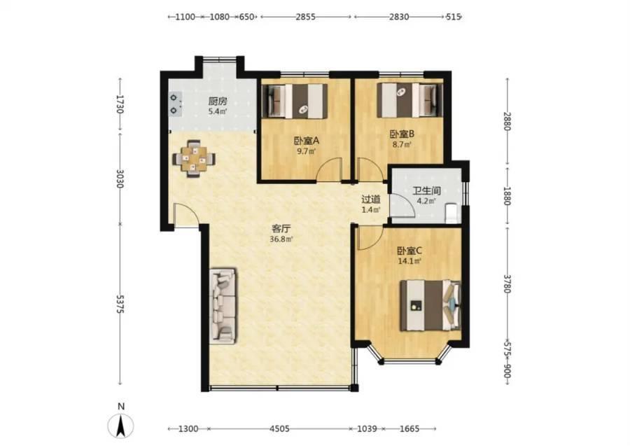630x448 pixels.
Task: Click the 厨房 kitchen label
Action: coord(218,101)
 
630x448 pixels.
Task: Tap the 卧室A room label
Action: coord(306,141)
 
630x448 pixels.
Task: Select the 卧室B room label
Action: coord(402,134)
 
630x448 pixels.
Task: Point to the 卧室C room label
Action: coord(409,251)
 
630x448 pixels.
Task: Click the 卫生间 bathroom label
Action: coord(426,190)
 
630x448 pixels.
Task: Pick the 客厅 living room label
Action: coord(281,229)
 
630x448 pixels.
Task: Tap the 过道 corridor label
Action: coord(370,199)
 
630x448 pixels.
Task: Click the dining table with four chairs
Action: coord(194,158)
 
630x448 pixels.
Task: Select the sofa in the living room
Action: coord(223,306)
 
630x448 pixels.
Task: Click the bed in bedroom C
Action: coord(430,305)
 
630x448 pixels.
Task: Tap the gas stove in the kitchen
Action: coord(175,104)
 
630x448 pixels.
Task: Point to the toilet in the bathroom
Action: coord(452,213)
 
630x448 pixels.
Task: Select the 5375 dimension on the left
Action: coord(120,304)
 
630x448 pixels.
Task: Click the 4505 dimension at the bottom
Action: coord(279,428)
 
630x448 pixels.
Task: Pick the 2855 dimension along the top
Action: coord(306,17)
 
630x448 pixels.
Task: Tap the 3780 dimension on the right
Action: coord(507,284)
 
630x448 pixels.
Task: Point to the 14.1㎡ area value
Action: coord(409,262)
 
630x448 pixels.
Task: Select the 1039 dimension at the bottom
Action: coord(367,428)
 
